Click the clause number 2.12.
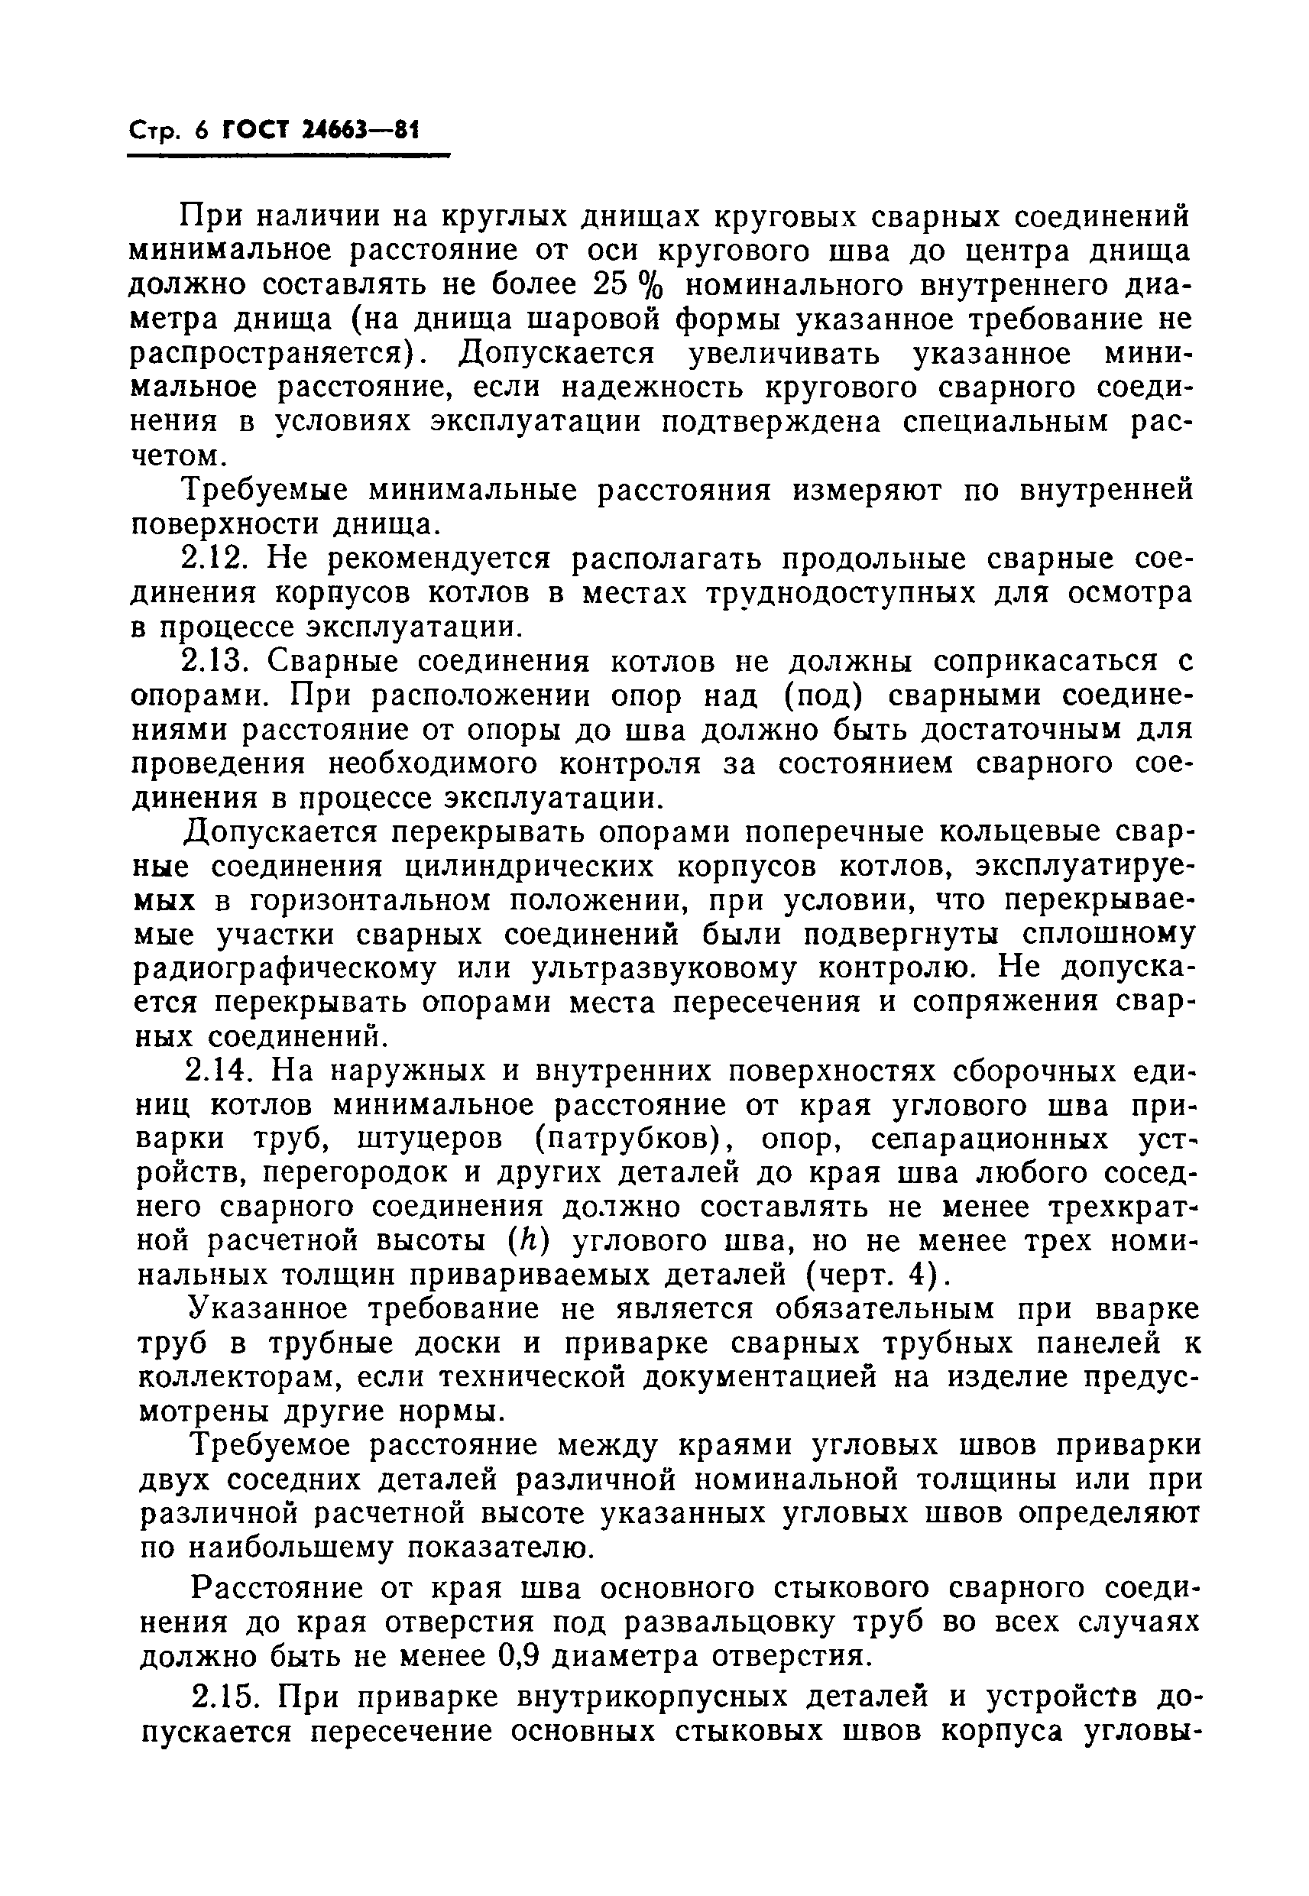[215, 559]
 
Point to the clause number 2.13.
[215, 661]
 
